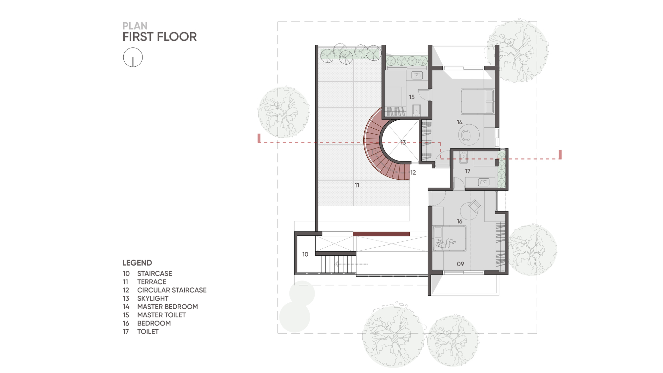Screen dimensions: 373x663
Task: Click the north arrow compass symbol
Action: [x=133, y=57]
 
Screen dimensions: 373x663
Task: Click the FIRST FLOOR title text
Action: [x=159, y=37]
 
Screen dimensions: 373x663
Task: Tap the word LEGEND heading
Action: [x=137, y=263]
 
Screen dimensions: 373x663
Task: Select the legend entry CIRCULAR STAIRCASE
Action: [x=172, y=290]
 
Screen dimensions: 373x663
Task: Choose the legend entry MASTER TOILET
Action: [x=161, y=315]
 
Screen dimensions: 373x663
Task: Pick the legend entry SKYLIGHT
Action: [x=153, y=298]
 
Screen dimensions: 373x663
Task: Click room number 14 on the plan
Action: [x=459, y=122]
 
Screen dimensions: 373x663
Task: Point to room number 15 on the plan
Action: [x=412, y=97]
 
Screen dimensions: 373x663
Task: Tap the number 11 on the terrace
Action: [x=357, y=185]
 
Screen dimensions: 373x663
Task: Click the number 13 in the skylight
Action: [x=403, y=143]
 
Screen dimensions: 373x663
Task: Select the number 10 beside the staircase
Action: [x=305, y=254]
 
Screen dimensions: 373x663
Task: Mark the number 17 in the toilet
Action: [x=468, y=171]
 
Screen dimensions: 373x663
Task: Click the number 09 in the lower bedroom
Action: [x=460, y=264]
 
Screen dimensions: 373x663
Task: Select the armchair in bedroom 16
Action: [x=476, y=205]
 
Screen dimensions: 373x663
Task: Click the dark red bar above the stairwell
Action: [x=381, y=234]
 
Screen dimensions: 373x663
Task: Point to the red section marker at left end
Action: [x=259, y=138]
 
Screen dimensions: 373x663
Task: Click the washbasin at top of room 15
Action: [x=417, y=76]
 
